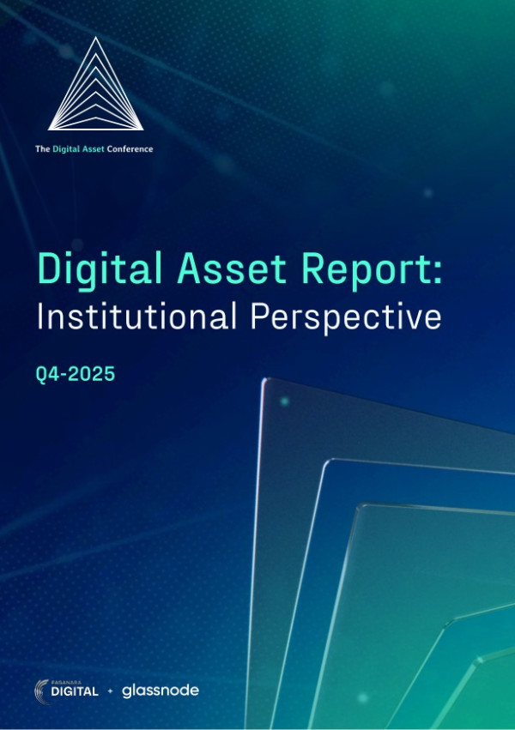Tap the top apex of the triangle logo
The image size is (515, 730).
94,38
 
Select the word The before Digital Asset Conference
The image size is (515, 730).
42,149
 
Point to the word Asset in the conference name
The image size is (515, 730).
93,149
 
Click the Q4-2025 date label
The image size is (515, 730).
76,375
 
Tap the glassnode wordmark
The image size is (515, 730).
161,690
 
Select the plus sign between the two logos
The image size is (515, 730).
111,691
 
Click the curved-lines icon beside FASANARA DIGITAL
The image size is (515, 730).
44,689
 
